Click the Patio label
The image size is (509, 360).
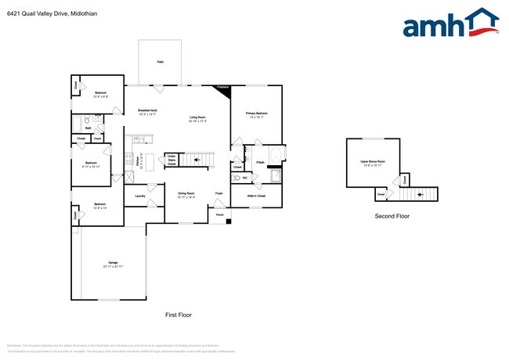coord(160,61)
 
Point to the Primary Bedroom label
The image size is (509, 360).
coord(257,113)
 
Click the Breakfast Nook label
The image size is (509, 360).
coord(148,110)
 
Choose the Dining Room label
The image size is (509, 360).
coord(186,193)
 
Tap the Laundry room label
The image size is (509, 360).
coord(140,196)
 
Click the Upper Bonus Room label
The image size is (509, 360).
coord(373,162)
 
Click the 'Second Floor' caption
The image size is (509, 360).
coord(392,216)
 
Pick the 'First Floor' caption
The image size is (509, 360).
coord(178,315)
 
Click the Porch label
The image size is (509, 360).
coord(219,214)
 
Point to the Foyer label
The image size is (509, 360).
coord(219,193)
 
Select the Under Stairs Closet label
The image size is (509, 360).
coord(171,160)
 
